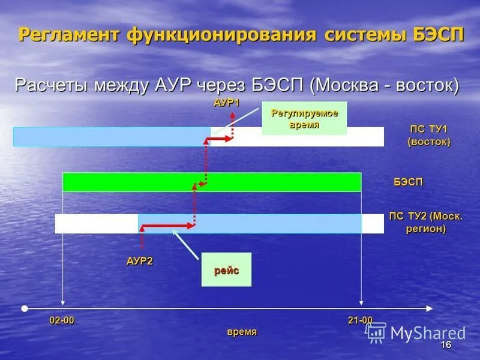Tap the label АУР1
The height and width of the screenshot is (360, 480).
pos(226,103)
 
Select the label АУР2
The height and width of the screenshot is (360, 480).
pos(140,260)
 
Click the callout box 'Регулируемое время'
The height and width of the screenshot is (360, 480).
pos(304,118)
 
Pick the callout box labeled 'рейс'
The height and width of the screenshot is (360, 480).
pos(226,270)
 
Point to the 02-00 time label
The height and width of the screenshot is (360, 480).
pos(62,320)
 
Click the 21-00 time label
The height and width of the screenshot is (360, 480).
pos(360,320)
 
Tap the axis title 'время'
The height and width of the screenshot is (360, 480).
pos(242,332)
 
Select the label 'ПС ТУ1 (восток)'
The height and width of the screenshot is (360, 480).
pos(428,136)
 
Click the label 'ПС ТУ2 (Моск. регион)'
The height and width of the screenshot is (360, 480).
pos(426,222)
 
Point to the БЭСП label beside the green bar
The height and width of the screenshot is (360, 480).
pos(408,182)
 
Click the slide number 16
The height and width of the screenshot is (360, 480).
pos(445,345)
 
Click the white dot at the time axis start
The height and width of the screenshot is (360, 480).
pos(24,308)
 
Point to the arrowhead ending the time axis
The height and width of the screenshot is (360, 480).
pos(429,308)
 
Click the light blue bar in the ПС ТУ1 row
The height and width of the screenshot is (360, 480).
pos(112,136)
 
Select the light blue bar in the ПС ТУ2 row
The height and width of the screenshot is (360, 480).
pos(249,223)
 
